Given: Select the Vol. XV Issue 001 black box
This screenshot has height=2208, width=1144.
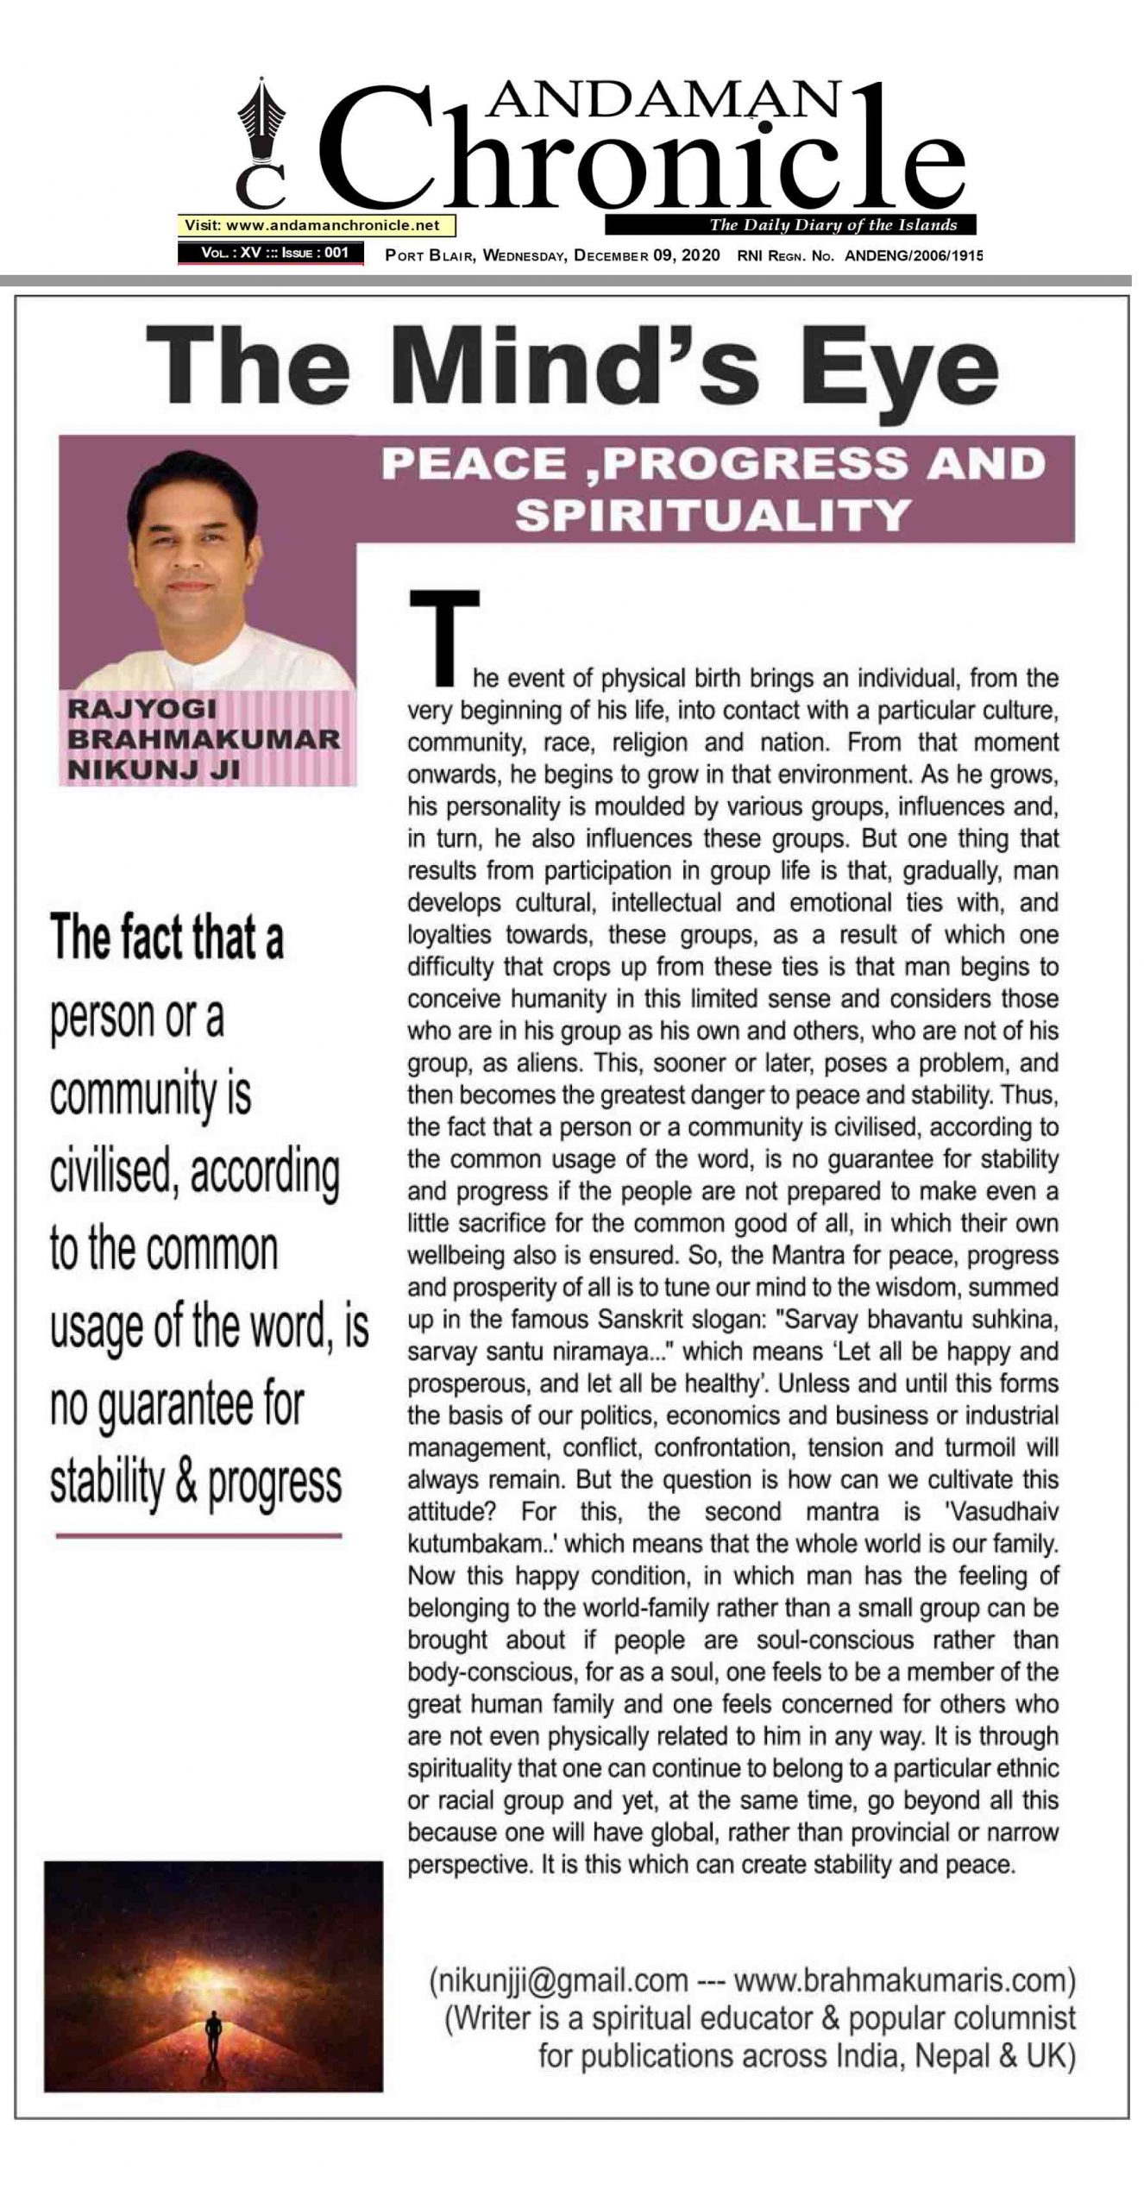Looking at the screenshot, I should coord(270,254).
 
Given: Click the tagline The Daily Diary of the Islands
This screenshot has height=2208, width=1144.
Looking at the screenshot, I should coord(833,225).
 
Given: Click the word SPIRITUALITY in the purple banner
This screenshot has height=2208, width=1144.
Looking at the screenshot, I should coord(713,516).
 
